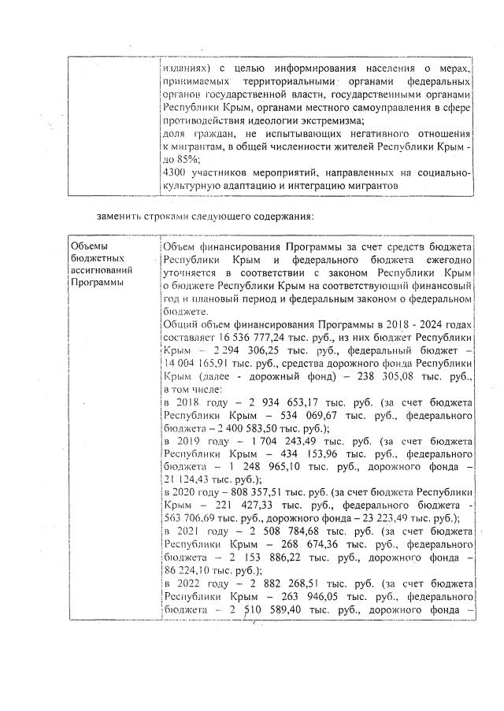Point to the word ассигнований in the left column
[98, 269]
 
